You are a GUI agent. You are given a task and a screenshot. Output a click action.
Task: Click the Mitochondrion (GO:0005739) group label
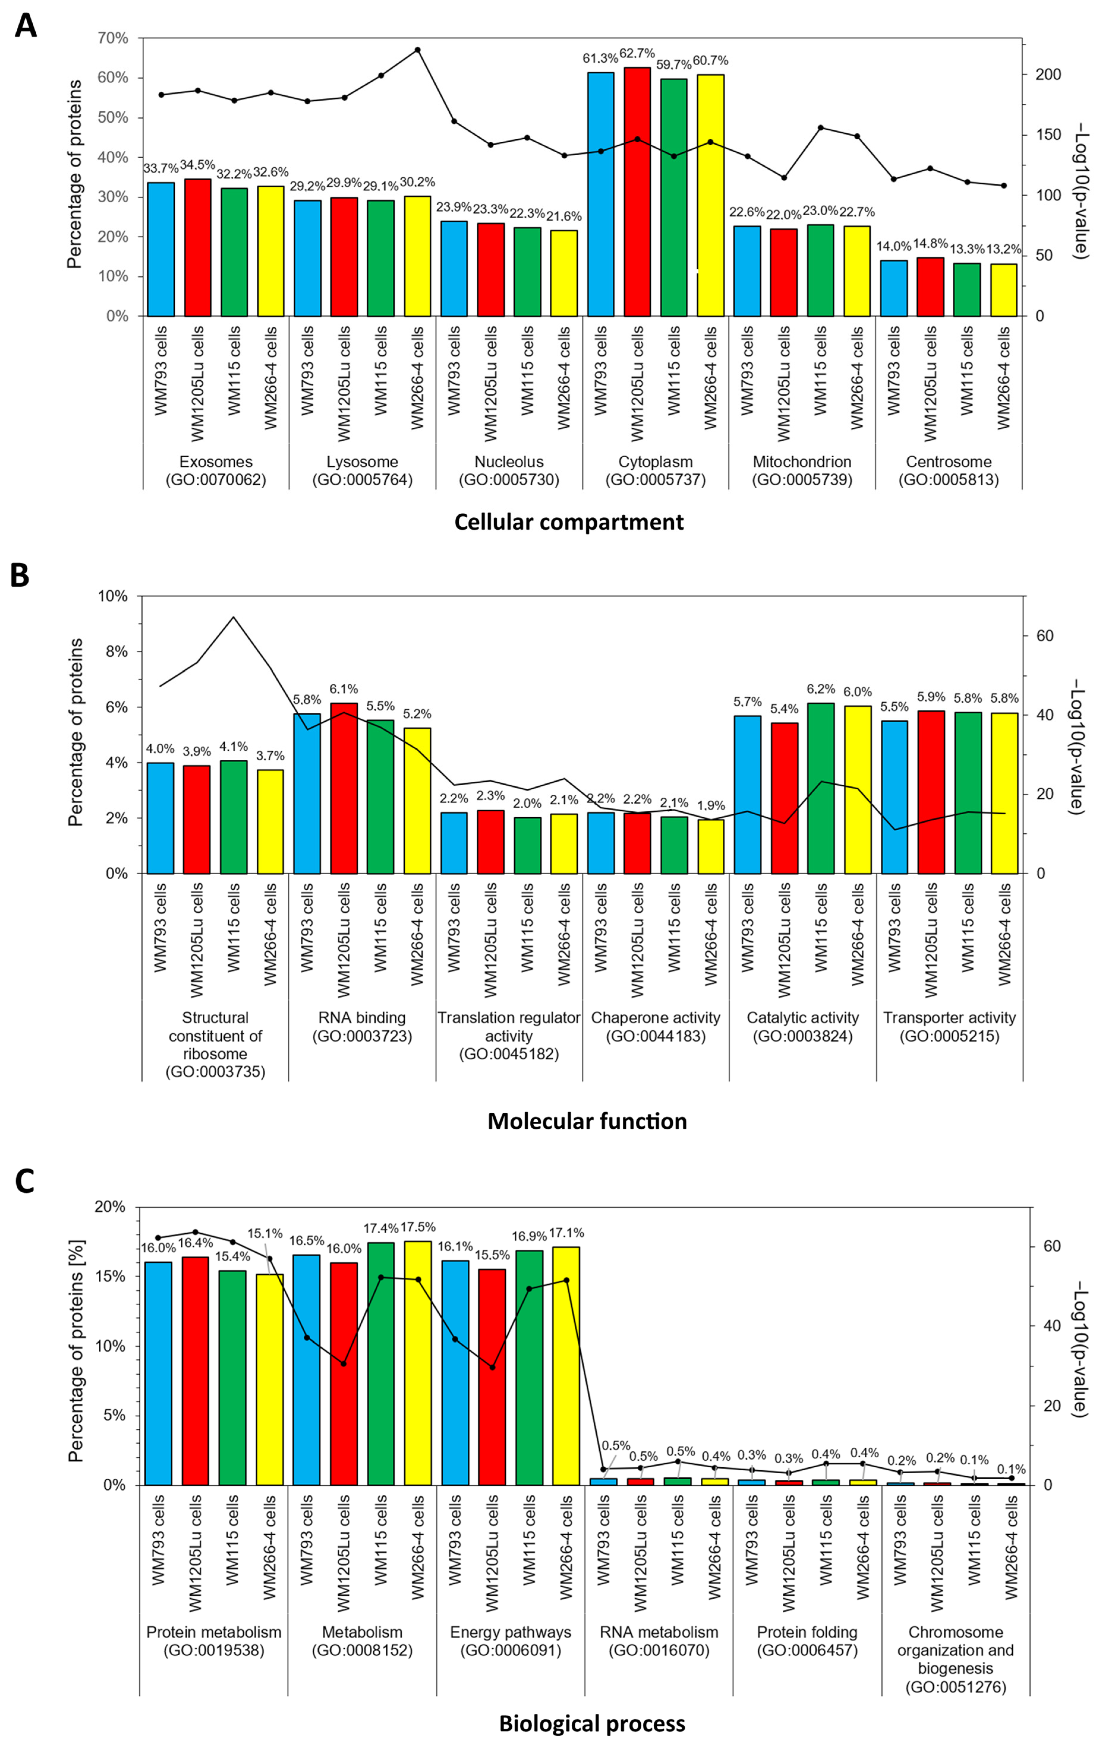point(802,470)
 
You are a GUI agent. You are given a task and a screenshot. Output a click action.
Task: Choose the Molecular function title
point(587,1121)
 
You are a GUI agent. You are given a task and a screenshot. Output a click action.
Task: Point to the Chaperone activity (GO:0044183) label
point(656,1026)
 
